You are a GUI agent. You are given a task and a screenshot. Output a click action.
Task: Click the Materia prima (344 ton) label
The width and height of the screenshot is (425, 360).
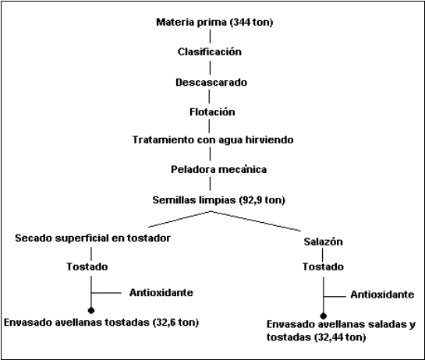[214, 23]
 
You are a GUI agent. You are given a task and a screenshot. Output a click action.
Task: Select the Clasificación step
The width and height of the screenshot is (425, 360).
[210, 51]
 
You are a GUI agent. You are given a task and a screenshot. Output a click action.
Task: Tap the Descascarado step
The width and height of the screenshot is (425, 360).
[211, 82]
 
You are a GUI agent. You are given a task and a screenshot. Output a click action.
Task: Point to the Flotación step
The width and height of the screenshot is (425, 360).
[212, 112]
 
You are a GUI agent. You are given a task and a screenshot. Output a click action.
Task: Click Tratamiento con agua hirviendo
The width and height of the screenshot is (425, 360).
[213, 139]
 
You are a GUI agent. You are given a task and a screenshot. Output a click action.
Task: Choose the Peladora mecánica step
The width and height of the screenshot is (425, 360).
[218, 169]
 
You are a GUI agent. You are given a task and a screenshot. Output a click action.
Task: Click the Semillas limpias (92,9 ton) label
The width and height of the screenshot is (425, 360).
[218, 200]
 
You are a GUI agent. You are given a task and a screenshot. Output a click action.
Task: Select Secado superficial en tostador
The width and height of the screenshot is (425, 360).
[93, 238]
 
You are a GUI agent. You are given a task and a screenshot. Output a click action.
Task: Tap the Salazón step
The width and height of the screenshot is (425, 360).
[323, 242]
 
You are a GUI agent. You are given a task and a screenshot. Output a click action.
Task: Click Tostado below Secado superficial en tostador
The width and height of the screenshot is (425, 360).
[87, 266]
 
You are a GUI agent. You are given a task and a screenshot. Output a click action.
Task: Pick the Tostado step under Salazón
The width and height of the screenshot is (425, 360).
[323, 266]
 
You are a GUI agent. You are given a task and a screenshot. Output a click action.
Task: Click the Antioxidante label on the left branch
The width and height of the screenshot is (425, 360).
[161, 292]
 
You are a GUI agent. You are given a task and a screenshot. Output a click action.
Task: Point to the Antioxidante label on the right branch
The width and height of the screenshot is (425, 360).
[382, 295]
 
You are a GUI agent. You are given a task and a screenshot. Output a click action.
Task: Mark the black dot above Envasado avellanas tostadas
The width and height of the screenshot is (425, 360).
[91, 310]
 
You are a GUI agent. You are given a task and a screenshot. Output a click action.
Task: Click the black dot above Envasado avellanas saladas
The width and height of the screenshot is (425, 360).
[323, 316]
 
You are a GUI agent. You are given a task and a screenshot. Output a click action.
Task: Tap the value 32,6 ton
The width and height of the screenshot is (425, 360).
[176, 323]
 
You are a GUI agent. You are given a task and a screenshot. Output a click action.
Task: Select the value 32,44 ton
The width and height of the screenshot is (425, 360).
[340, 337]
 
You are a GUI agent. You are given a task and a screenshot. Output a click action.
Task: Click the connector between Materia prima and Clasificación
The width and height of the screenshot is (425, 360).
[210, 37]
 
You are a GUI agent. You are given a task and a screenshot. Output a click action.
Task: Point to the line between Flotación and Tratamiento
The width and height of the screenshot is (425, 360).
[209, 125]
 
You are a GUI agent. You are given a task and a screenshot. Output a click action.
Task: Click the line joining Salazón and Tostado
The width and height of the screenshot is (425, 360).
[323, 254]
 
